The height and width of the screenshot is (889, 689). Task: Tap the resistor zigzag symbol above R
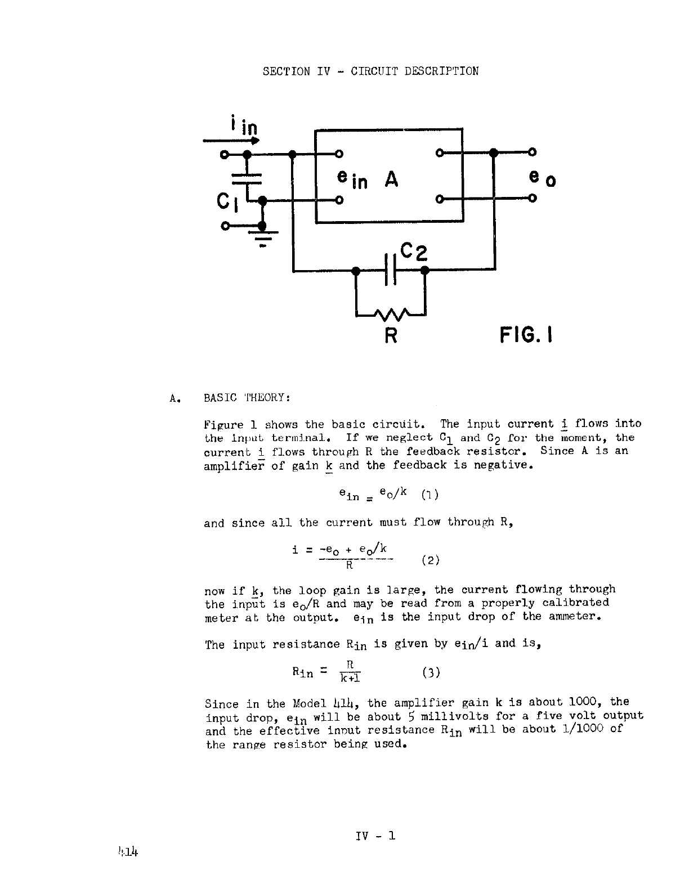pyautogui.click(x=391, y=314)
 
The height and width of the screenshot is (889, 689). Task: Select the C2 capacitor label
pyautogui.click(x=414, y=252)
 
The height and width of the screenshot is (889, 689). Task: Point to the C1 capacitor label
pyautogui.click(x=228, y=201)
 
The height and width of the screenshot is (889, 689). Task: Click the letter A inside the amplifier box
pyautogui.click(x=391, y=179)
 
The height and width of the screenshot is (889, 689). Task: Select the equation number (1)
pyautogui.click(x=429, y=495)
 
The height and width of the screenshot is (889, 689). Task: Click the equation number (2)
pyautogui.click(x=430, y=560)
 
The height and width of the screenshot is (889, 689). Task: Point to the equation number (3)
pyautogui.click(x=430, y=672)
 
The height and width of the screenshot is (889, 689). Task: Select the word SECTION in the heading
pyautogui.click(x=286, y=71)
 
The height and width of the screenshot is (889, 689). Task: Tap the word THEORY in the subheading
pyautogui.click(x=267, y=398)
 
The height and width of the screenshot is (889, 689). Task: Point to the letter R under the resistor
pyautogui.click(x=391, y=336)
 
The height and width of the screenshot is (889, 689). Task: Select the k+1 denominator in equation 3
pyautogui.click(x=350, y=677)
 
